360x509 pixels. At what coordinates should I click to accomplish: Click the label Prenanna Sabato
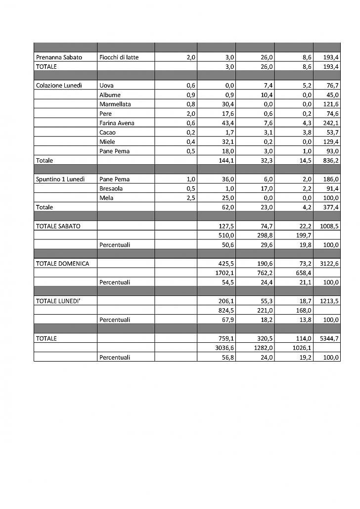click(59, 57)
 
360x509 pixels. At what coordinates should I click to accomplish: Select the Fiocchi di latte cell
click(119, 57)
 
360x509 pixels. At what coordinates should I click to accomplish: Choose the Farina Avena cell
click(117, 123)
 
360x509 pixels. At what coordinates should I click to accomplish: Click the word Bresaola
click(111, 189)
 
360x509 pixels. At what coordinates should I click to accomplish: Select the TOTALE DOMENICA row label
click(62, 264)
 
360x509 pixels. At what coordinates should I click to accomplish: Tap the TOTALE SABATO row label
click(58, 226)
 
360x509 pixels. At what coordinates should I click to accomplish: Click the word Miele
click(107, 142)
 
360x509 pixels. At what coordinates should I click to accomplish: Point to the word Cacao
click(108, 133)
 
